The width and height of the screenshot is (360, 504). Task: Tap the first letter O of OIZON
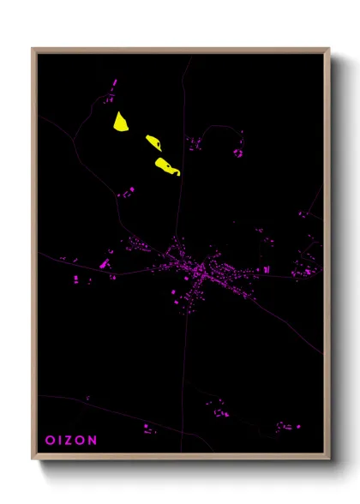click(x=49, y=440)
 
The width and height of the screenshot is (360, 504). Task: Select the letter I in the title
click(x=58, y=440)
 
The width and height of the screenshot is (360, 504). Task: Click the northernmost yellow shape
click(x=120, y=122)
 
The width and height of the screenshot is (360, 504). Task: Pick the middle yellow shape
click(x=153, y=142)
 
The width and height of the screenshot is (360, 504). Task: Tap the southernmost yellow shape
click(x=166, y=166)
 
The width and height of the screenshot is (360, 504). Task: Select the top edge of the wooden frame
click(x=180, y=51)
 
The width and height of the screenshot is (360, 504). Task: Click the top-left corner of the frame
click(x=34, y=51)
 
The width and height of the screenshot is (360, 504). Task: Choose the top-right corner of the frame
click(x=327, y=51)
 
